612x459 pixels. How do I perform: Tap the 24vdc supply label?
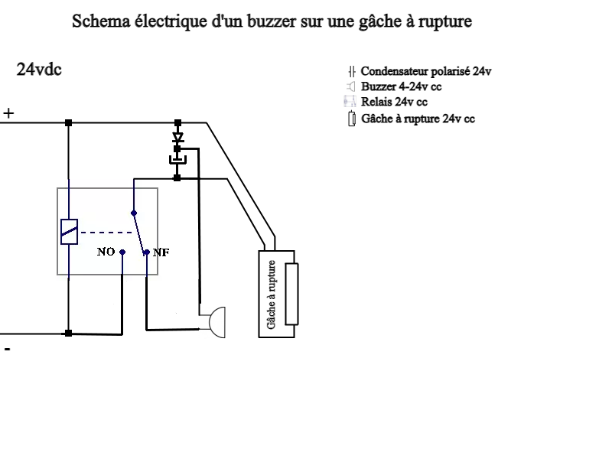(39, 70)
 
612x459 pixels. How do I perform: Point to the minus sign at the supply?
(8, 349)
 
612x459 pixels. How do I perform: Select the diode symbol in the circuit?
(177, 138)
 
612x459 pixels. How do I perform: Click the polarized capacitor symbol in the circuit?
(177, 160)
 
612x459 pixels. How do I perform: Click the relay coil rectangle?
(69, 231)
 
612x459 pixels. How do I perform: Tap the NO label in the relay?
(106, 252)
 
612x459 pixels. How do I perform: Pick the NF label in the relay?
(161, 252)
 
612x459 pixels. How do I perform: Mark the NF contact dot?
(146, 251)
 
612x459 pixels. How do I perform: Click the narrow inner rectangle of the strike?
(291, 294)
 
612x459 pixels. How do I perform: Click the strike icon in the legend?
(351, 119)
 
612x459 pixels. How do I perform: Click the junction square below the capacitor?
(177, 177)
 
